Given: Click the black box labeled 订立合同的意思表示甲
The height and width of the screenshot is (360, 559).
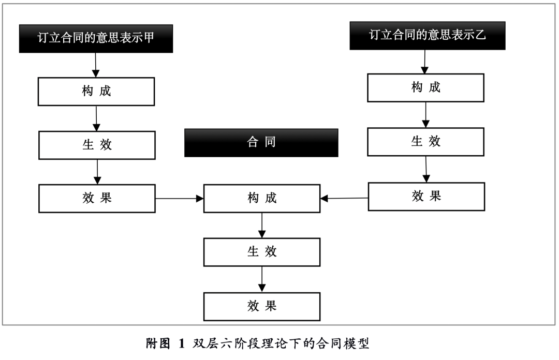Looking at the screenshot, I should pos(96,38).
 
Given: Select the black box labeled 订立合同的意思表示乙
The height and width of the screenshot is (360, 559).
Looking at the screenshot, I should pos(427,35).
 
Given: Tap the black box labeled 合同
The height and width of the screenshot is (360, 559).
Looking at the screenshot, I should pos(261,143).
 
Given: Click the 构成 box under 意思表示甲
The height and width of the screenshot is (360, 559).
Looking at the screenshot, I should pos(96,92).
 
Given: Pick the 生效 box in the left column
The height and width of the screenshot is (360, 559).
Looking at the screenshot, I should pos(97,145).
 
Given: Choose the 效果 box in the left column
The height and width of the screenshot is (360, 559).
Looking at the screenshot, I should pos(97,198).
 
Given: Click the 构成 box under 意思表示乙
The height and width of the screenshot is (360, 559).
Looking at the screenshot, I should pos(425,87).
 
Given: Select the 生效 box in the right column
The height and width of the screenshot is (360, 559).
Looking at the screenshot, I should pos(425,141).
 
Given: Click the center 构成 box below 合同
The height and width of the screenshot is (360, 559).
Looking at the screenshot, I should pos(261,198).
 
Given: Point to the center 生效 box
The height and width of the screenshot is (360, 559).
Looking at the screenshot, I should pos(261,252).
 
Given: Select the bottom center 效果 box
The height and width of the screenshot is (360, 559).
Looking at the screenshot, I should pos(261,306).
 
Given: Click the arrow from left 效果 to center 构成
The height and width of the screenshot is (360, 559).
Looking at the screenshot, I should pos(179,198).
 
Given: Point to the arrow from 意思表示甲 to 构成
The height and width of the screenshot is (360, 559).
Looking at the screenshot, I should pos(96,65).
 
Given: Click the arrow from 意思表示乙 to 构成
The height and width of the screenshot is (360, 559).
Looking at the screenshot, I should pos(425,62).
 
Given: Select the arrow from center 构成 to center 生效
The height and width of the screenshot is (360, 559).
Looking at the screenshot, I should pos(262,225).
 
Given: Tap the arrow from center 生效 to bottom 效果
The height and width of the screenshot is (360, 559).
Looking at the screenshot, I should pos(262,279).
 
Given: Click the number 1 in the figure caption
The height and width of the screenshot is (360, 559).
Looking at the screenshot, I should pos(181,344).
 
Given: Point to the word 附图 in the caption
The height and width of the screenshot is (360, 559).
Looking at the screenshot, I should pos(158,344).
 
